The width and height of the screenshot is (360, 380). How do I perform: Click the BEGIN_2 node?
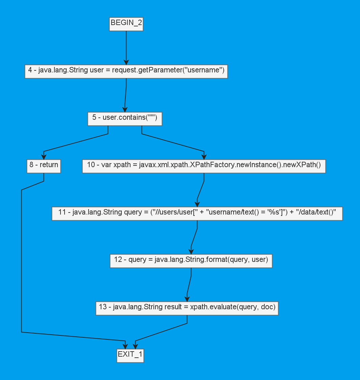[126, 24]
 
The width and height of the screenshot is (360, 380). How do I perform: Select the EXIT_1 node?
[130, 355]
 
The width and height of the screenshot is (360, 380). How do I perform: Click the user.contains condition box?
[125, 118]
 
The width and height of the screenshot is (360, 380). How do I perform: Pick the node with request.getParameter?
[126, 71]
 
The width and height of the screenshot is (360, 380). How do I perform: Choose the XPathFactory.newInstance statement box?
[204, 166]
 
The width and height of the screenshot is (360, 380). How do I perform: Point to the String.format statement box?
[191, 261]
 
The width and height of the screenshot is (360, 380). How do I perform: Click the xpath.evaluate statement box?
[187, 308]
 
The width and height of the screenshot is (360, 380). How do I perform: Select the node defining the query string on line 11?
[197, 213]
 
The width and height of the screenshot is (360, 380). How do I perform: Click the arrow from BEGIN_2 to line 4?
[126, 47]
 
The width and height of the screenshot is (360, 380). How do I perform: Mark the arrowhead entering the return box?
[44, 157]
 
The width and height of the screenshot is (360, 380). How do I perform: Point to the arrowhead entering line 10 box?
[204, 157]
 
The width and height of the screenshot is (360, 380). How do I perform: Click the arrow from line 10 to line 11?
[200, 191]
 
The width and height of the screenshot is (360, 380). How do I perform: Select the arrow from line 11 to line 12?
[194, 239]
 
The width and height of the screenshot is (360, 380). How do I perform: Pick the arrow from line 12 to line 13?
[189, 286]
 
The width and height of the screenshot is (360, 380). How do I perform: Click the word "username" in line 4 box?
[206, 70]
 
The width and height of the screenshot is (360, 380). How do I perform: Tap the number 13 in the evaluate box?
[103, 307]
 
